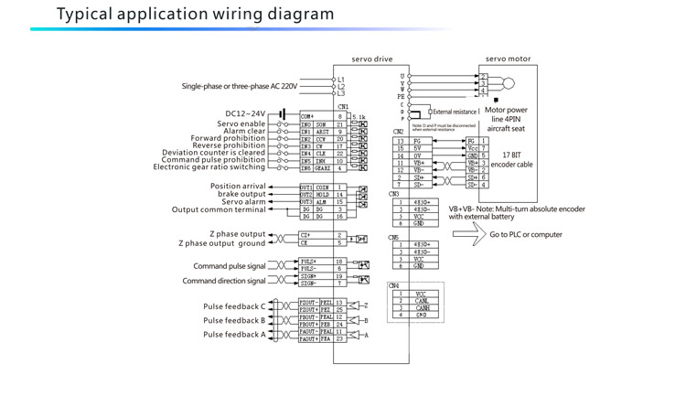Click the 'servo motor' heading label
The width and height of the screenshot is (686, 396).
[508, 59]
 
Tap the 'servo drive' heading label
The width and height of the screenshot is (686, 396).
[371, 59]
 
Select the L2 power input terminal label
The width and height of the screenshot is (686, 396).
[341, 87]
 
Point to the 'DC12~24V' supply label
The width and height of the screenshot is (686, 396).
[246, 114]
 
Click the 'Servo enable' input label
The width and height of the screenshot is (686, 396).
[241, 123]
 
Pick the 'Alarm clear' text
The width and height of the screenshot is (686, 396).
[244, 131]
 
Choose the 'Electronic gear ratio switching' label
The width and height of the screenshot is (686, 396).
[209, 167]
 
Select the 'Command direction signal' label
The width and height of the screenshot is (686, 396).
[224, 281]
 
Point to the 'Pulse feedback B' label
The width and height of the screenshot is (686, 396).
[234, 321]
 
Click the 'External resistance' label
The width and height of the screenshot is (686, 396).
[456, 112]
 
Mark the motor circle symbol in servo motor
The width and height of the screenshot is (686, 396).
[509, 83]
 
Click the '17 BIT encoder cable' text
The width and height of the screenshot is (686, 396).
[511, 160]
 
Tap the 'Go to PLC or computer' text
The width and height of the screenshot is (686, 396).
[526, 235]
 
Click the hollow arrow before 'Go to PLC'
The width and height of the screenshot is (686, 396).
[465, 235]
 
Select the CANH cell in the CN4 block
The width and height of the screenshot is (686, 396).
[422, 308]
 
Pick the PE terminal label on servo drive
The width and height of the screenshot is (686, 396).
[401, 96]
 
